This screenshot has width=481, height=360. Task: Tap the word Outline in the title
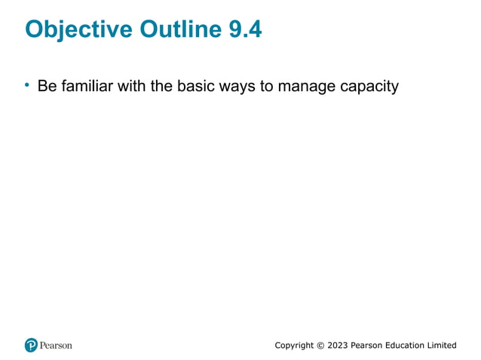tap(173, 29)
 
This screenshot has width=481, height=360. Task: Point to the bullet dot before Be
tap(27, 86)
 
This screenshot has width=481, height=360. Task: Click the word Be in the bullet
tap(47, 87)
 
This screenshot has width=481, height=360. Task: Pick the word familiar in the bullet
tap(89, 87)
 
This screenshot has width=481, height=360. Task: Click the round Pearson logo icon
tap(31, 346)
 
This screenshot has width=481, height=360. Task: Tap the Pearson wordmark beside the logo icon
tap(57, 346)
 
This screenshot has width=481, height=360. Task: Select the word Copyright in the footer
tap(294, 346)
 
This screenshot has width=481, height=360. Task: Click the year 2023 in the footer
tap(337, 346)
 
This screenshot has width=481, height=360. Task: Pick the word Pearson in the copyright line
tap(368, 346)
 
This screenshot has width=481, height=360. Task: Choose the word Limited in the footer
tap(444, 346)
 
